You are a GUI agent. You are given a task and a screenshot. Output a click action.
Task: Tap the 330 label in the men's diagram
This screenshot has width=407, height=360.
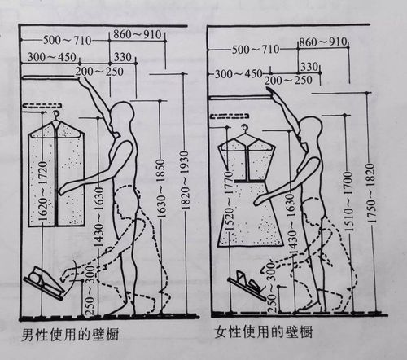(122, 56)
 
